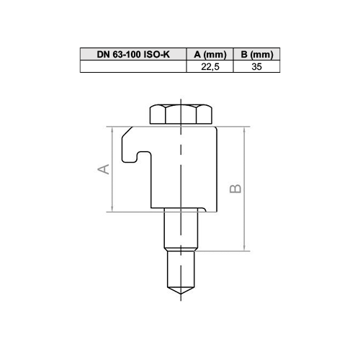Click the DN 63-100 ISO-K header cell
click(x=133, y=54)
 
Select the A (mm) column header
click(x=210, y=54)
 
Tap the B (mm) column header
click(x=256, y=54)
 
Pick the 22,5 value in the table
click(x=210, y=66)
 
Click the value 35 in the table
click(x=256, y=66)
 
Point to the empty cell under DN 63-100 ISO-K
click(x=133, y=66)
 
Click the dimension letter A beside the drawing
click(x=104, y=169)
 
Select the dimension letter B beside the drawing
click(x=235, y=189)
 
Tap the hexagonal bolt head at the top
click(x=181, y=114)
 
